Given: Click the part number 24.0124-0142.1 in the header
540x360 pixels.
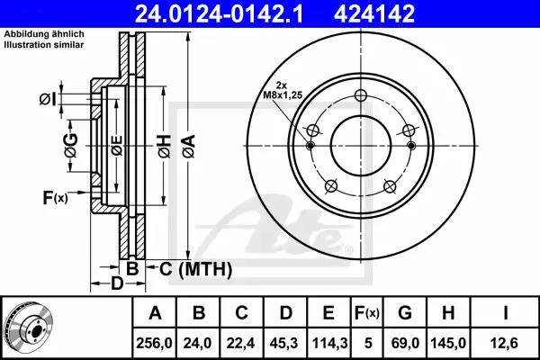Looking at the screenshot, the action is pyautogui.click(x=219, y=14).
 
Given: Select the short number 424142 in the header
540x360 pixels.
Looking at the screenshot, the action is pyautogui.click(x=374, y=14).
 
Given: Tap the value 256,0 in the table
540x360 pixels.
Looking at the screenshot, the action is pyautogui.click(x=154, y=343).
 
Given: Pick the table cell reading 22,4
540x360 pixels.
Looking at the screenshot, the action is pyautogui.click(x=240, y=343).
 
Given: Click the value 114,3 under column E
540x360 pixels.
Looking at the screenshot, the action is pyautogui.click(x=329, y=343).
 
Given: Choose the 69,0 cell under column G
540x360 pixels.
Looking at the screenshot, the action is pyautogui.click(x=404, y=343).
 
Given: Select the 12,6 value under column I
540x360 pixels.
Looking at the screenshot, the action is pyautogui.click(x=505, y=343).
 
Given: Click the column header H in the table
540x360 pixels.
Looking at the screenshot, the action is pyautogui.click(x=447, y=313).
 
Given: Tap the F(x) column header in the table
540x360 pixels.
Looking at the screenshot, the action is pyautogui.click(x=367, y=313).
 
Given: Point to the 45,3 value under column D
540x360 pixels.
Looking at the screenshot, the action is pyautogui.click(x=284, y=343).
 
